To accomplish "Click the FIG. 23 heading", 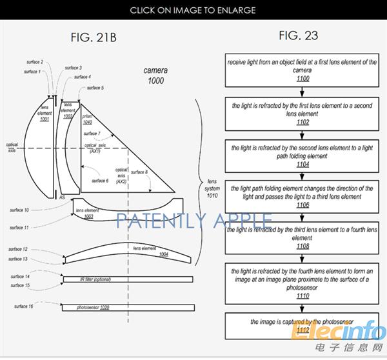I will coord(298,35).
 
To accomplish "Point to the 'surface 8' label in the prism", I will coord(138,172).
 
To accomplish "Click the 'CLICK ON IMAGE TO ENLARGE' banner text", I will coord(193,10).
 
